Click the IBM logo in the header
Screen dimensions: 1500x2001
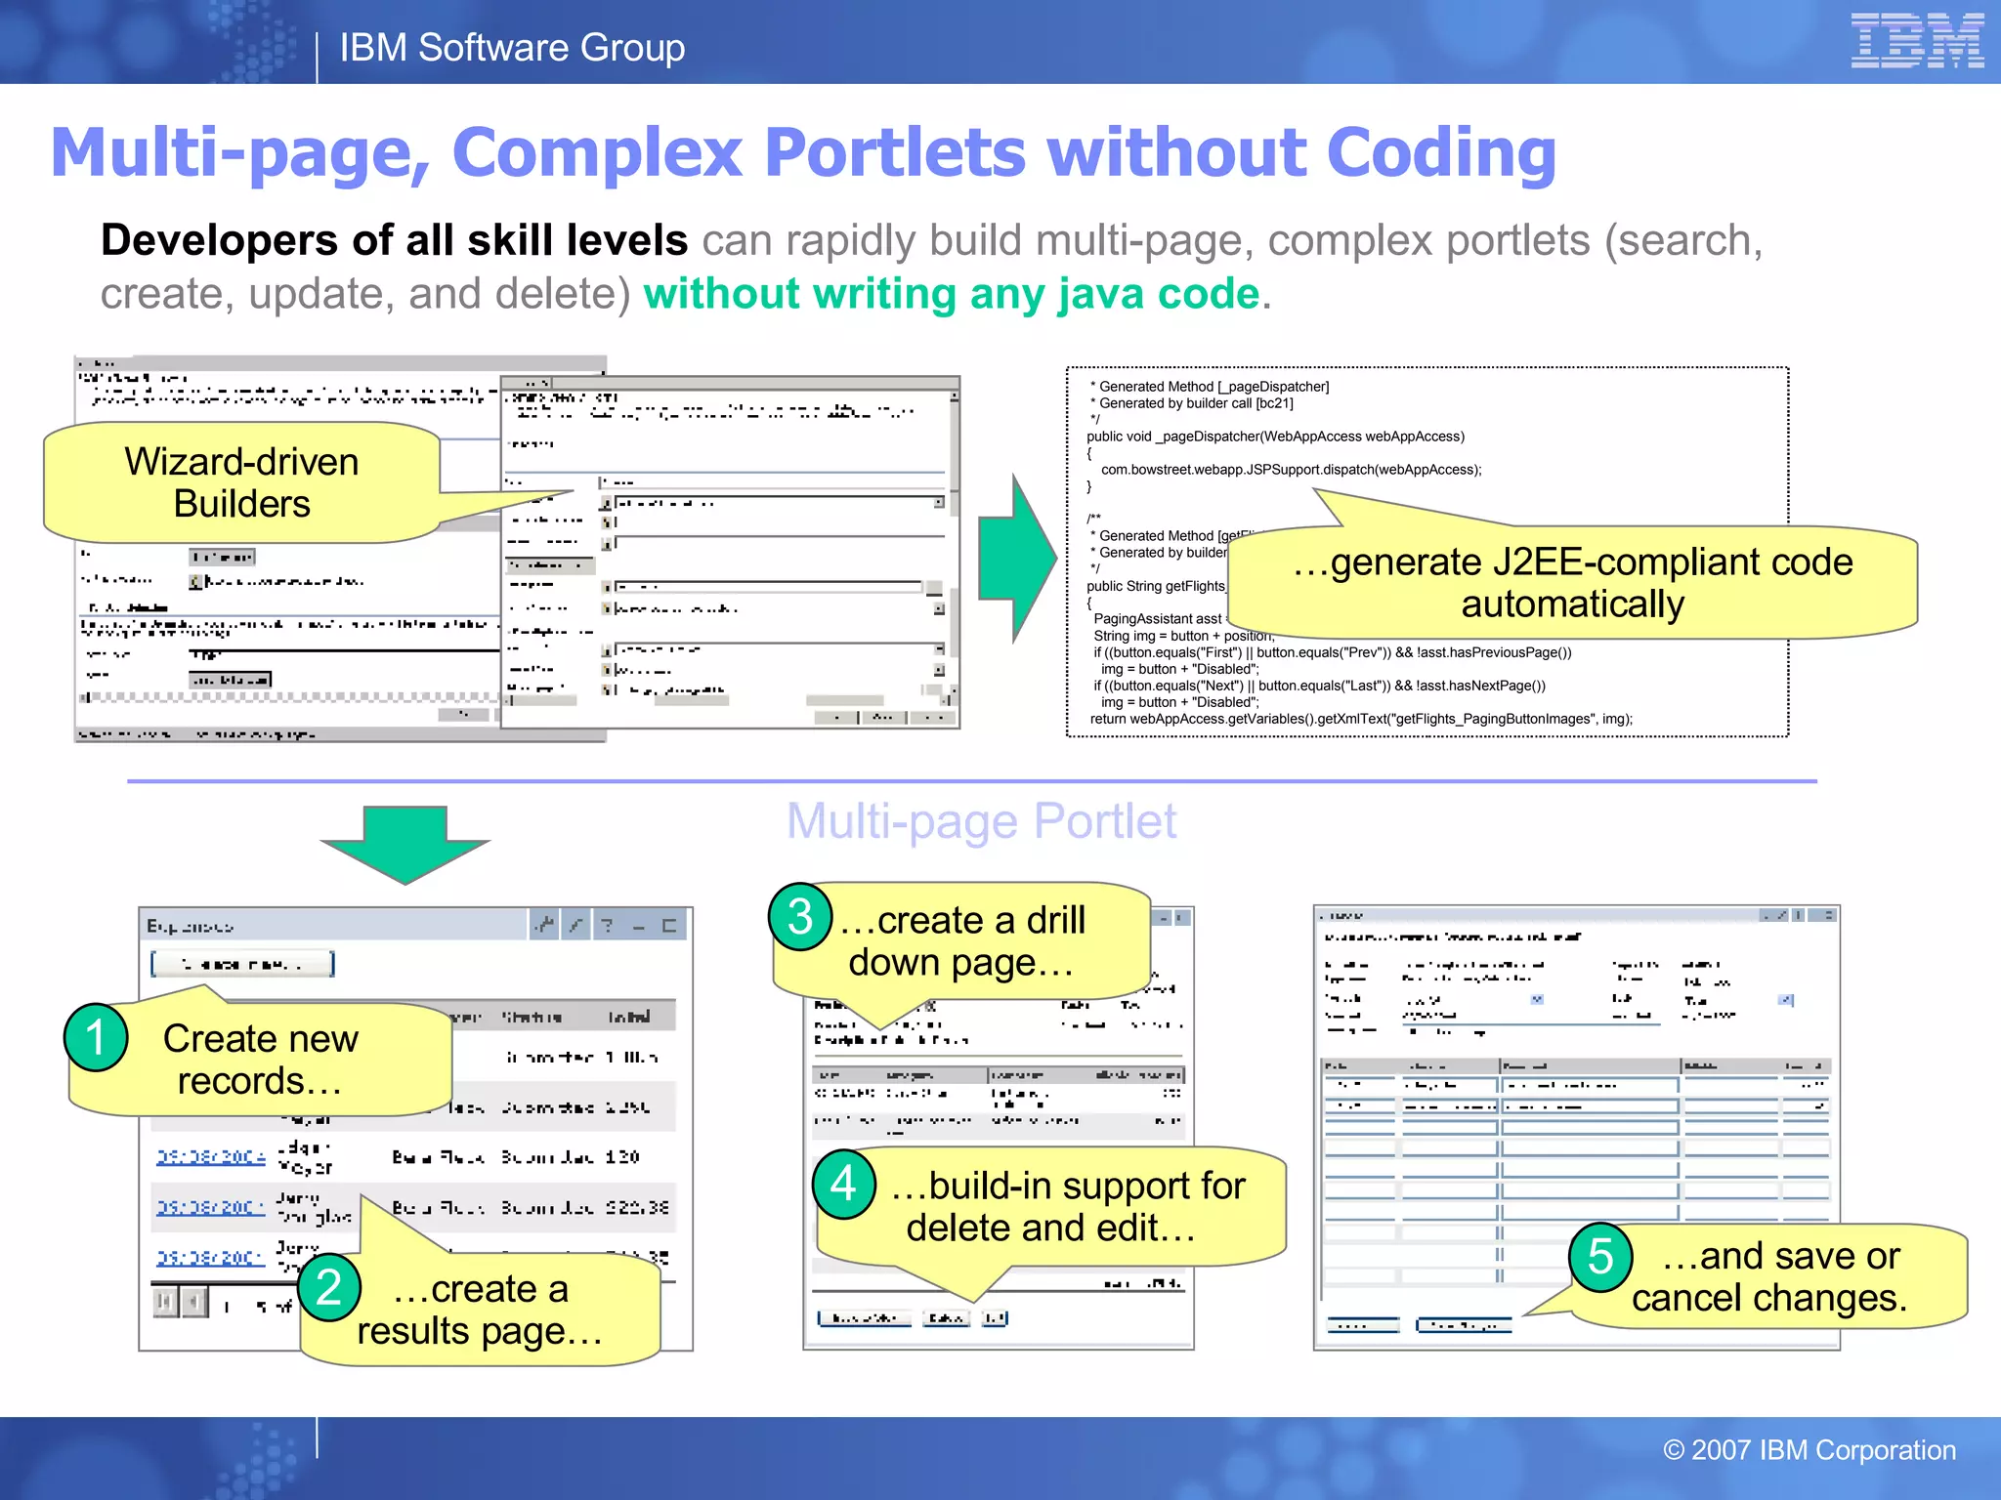point(1916,41)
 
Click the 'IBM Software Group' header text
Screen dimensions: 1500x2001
point(512,48)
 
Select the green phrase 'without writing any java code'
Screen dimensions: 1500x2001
point(952,294)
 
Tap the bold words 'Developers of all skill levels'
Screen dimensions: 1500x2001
point(394,240)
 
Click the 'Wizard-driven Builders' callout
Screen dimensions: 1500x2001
point(241,482)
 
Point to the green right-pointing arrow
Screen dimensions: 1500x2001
point(1017,559)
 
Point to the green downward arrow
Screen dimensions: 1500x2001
point(405,842)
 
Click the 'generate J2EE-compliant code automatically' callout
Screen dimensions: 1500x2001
point(1571,583)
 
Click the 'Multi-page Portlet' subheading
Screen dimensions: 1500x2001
point(981,821)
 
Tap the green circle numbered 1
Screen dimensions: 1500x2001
point(96,1037)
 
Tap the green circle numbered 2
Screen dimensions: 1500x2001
point(329,1287)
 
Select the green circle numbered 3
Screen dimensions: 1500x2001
point(800,917)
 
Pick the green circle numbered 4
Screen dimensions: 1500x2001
point(844,1184)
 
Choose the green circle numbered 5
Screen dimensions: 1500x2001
point(1600,1257)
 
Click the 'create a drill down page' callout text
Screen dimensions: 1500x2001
point(962,941)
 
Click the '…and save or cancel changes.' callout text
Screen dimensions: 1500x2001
point(1768,1276)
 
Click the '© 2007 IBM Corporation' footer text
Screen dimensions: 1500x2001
point(1809,1450)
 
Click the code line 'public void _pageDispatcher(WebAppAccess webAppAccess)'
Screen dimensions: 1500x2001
point(1275,437)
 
